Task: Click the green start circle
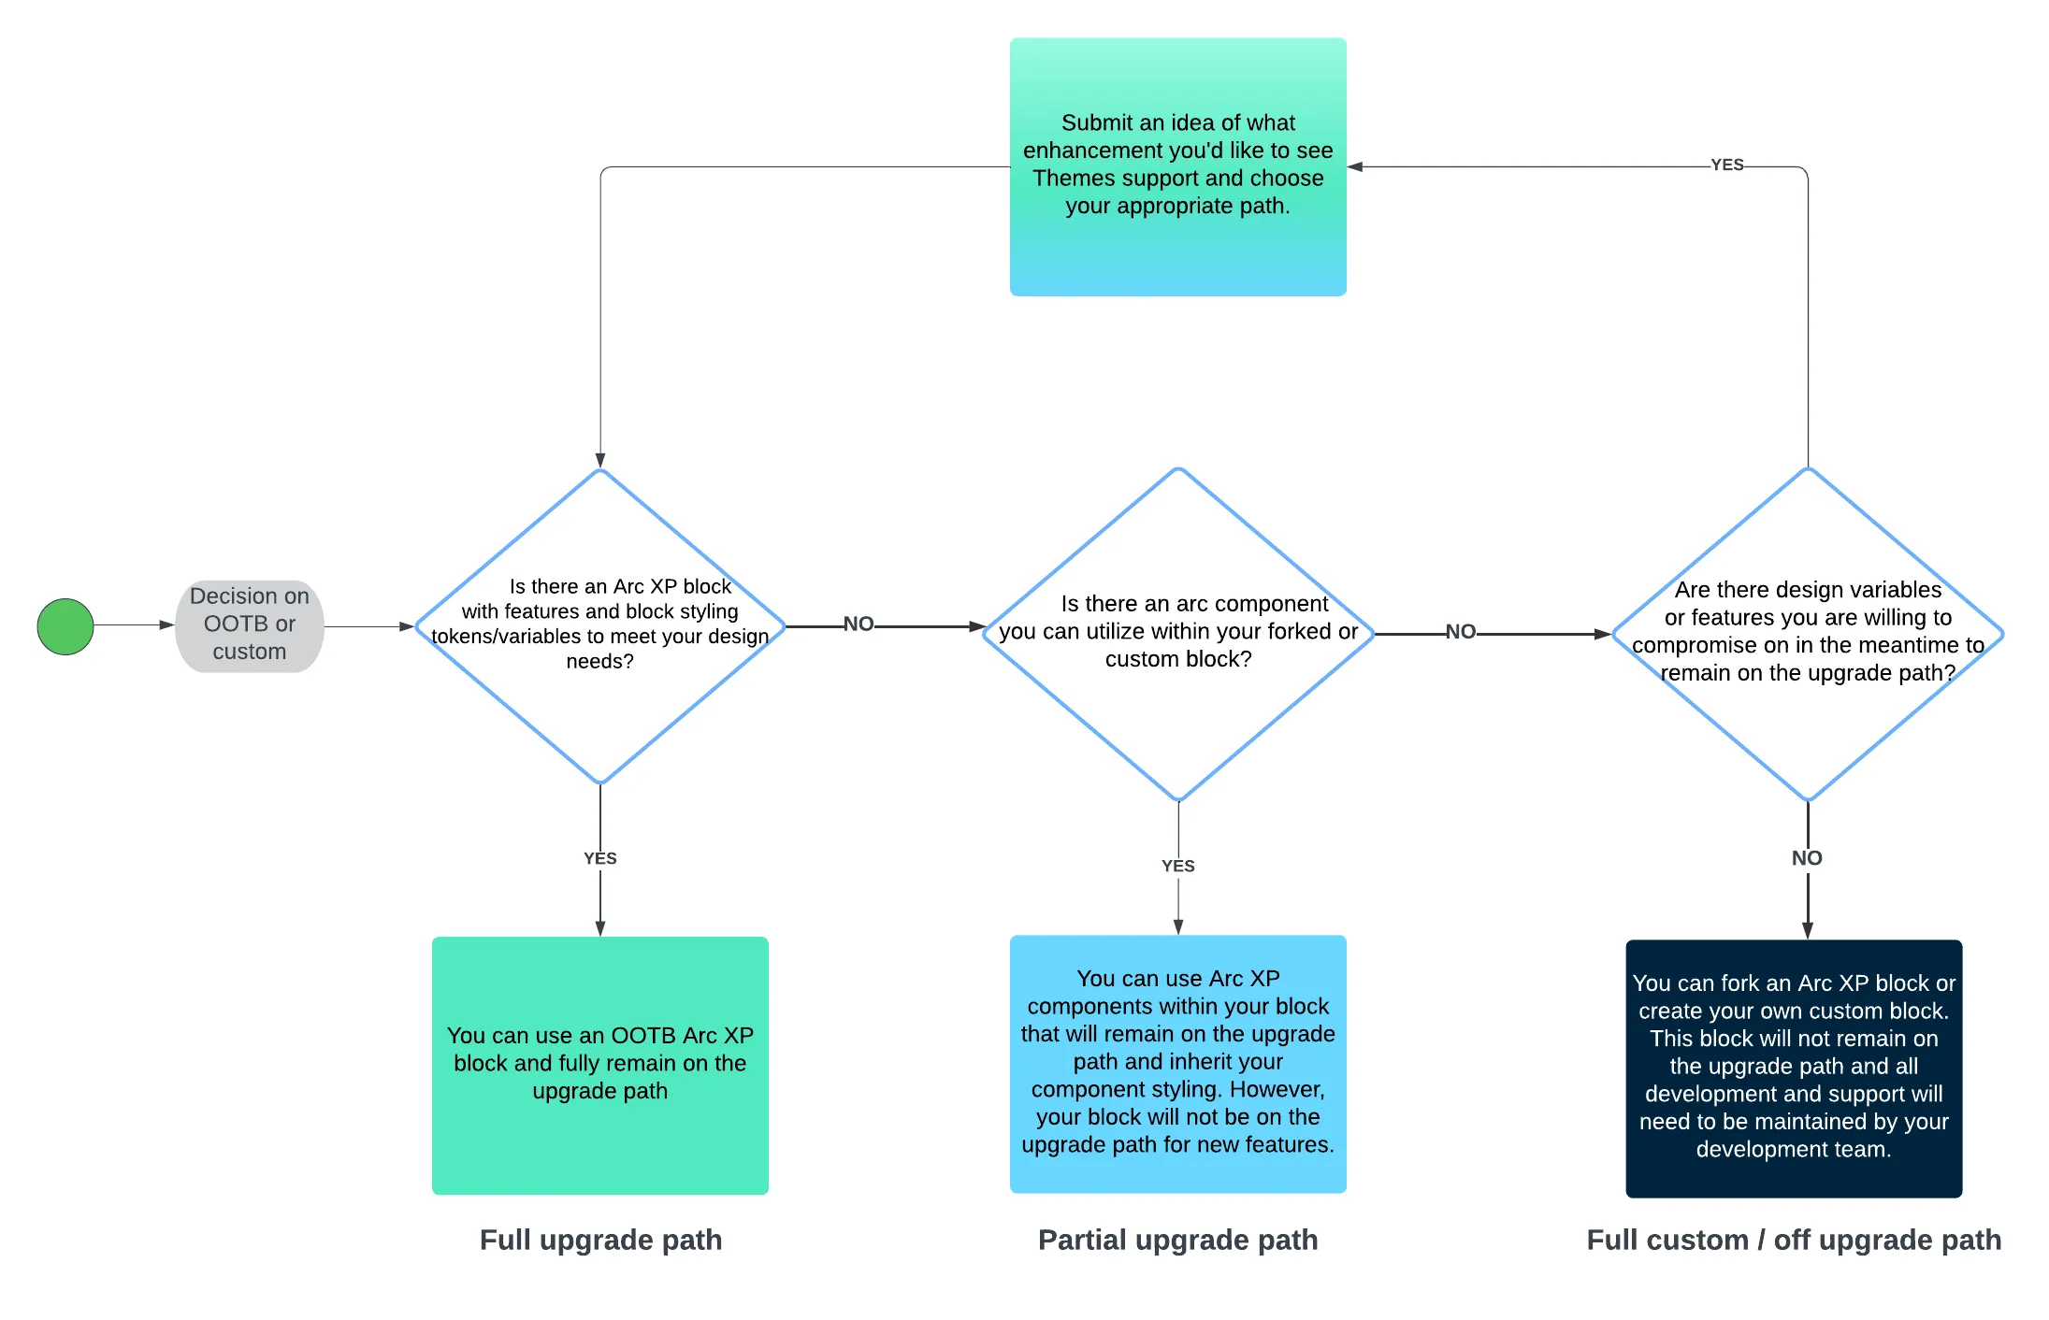point(65,626)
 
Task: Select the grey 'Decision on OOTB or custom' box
point(250,625)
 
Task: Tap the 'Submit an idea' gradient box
point(1177,166)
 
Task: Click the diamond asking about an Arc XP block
point(600,625)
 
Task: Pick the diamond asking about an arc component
point(1178,634)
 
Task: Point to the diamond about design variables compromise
point(1808,634)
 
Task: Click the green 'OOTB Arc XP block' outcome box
point(600,1065)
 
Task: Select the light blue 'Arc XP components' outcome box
point(1178,1064)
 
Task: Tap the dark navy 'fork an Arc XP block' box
point(1794,1069)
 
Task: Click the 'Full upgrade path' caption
point(600,1240)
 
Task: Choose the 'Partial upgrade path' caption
point(1178,1240)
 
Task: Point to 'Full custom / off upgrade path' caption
point(1794,1240)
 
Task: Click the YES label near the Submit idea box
point(1727,165)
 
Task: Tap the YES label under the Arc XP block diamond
point(600,858)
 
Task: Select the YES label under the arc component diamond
point(1178,866)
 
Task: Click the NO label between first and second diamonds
point(859,624)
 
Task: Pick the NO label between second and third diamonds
point(1461,631)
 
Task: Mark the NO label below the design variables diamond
point(1807,858)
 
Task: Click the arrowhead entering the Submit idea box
point(1355,166)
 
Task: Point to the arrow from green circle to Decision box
point(135,624)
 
